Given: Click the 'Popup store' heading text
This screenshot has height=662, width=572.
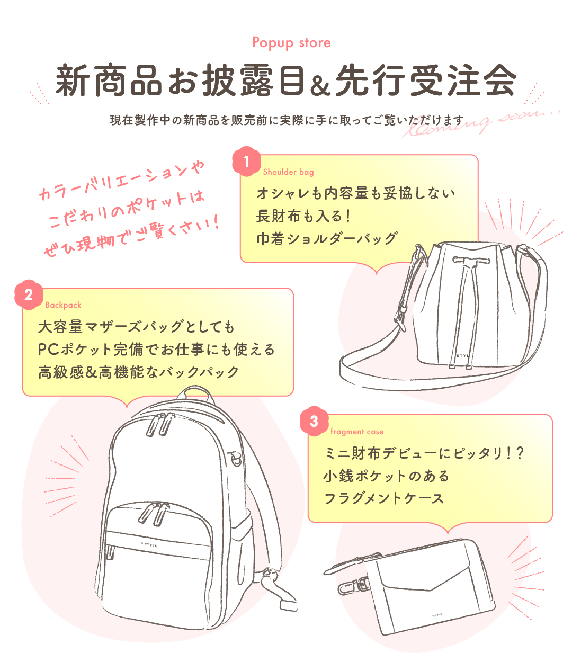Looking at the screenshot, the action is pos(291,43).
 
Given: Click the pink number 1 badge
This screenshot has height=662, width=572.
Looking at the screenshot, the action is pos(246,162).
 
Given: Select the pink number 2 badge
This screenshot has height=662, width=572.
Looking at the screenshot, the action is pos(29,294).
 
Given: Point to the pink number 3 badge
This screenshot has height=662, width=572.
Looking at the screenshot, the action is pos(314,421).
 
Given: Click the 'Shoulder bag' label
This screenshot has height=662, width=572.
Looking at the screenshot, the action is pos(288,172).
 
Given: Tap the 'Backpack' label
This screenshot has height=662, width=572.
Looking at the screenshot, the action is pos(63,305).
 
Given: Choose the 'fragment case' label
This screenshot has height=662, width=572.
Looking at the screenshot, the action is pos(357,432).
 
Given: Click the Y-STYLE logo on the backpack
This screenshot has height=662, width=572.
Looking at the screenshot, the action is pos(149,544).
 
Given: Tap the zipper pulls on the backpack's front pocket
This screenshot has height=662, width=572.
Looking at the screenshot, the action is pos(154,514).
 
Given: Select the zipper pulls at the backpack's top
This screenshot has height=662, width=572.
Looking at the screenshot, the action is pos(160,424).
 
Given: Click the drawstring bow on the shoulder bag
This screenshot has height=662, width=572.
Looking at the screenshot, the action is pos(471,261).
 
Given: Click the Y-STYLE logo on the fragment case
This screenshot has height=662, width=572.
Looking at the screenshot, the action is pos(436,614).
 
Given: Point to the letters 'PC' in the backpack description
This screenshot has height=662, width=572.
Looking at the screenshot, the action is pos(48,350).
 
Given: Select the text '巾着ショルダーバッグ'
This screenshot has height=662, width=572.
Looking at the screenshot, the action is pos(327,238).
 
